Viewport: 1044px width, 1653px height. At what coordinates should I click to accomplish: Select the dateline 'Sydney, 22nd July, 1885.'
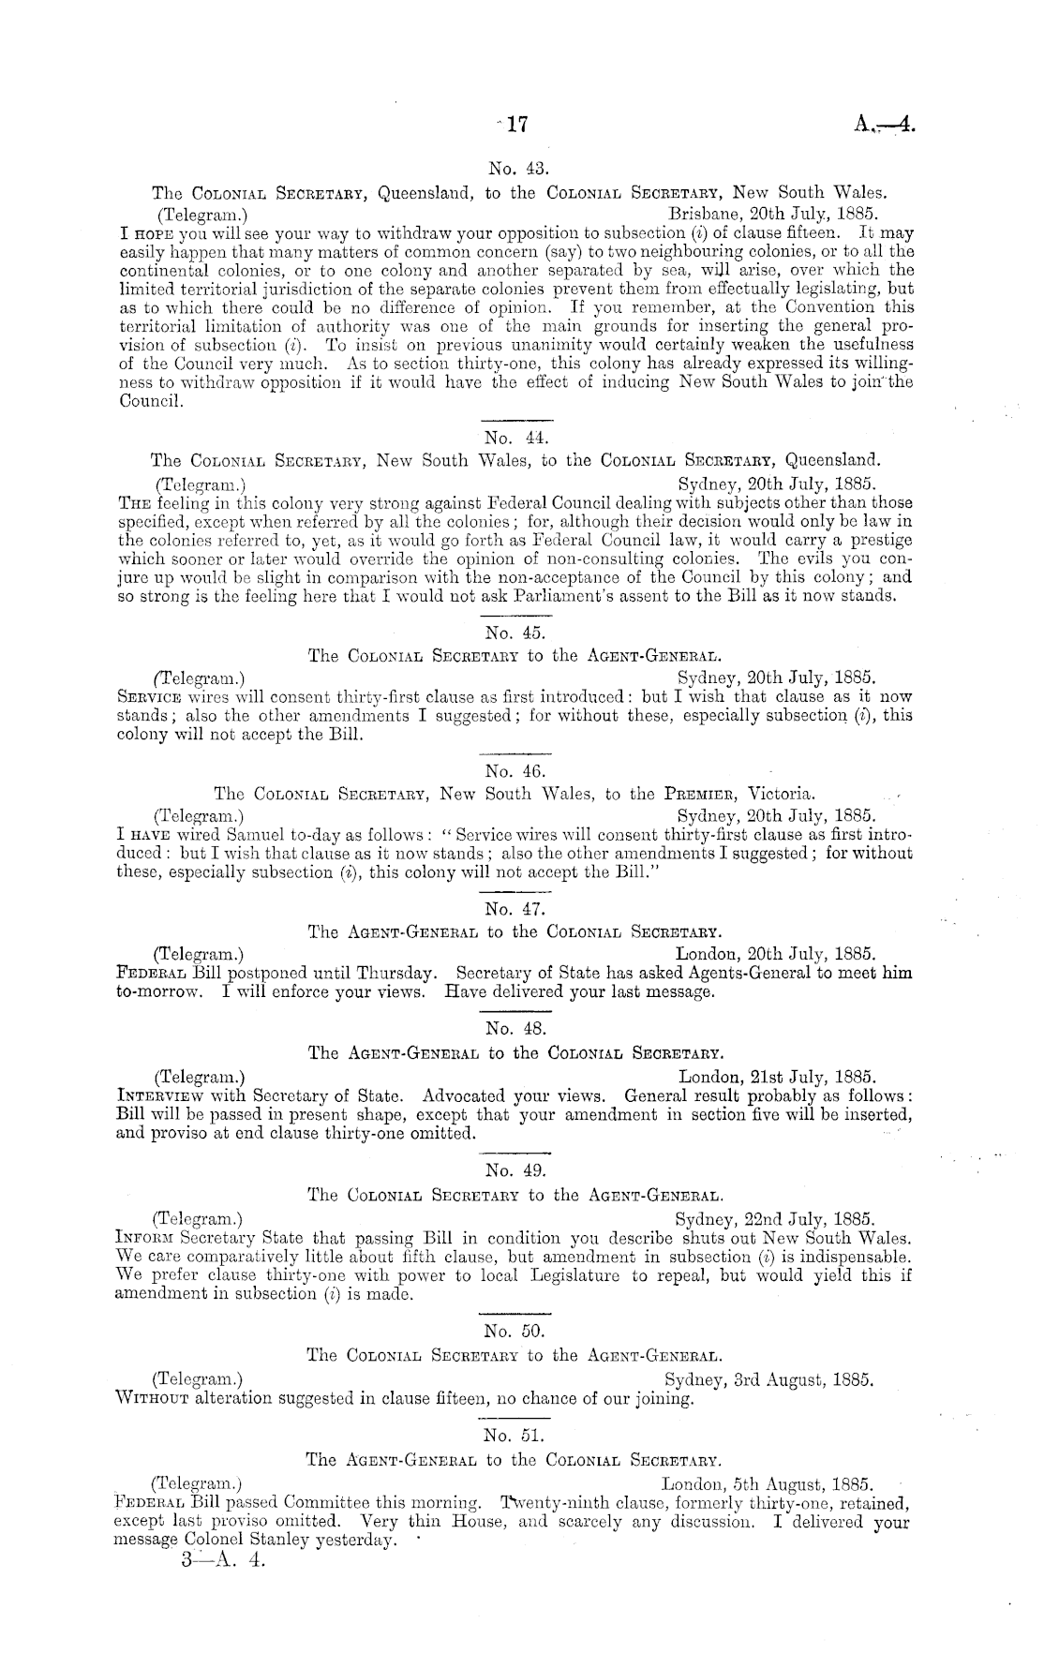(775, 1219)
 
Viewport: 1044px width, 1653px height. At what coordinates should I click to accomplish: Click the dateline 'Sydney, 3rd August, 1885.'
(769, 1380)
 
